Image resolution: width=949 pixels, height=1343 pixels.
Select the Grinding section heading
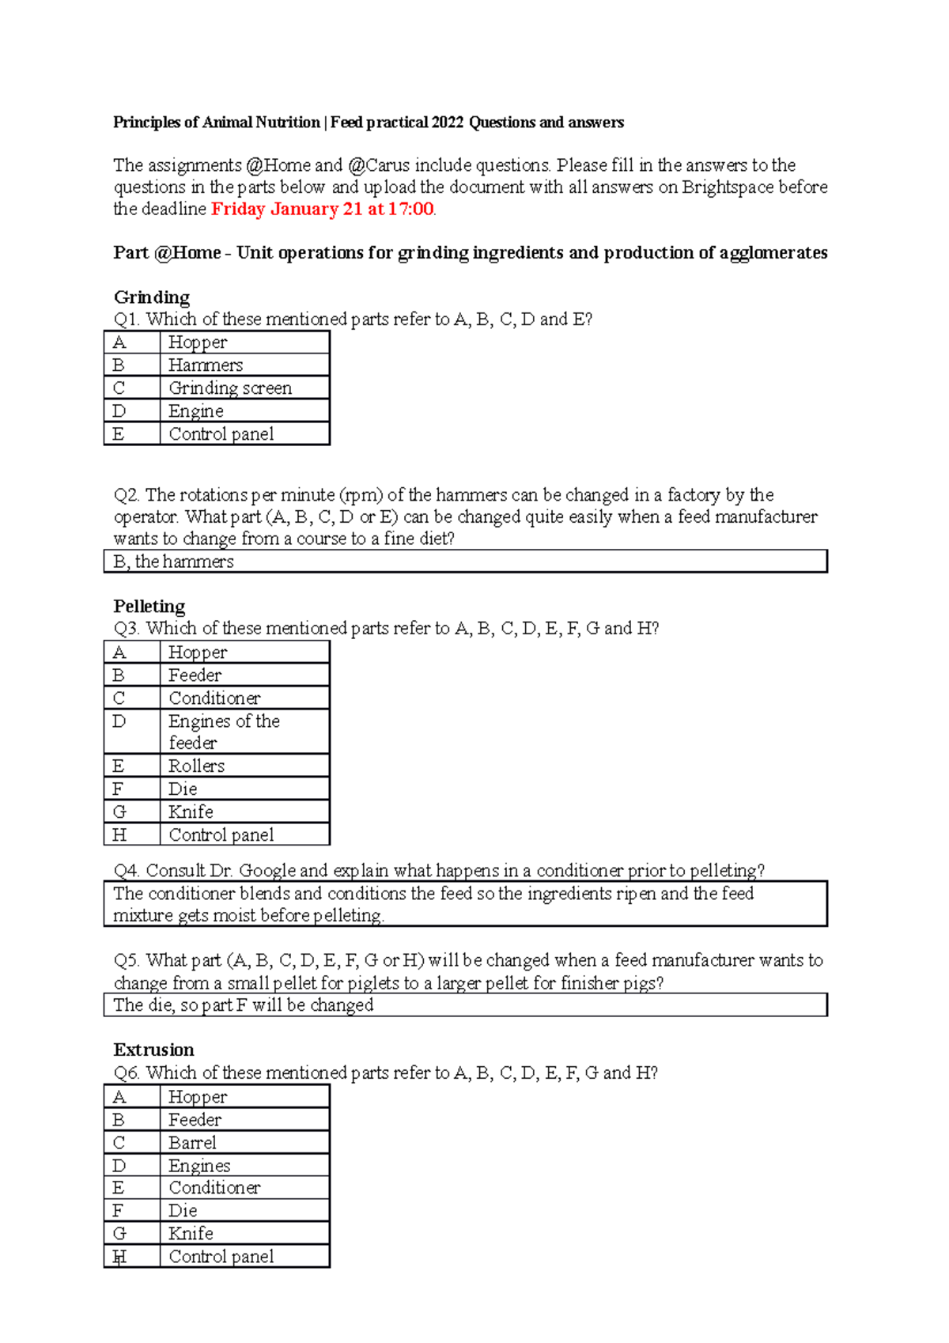[x=152, y=297]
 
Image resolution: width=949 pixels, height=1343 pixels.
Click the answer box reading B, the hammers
[x=465, y=562]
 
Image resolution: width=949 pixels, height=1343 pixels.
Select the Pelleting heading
[x=149, y=607]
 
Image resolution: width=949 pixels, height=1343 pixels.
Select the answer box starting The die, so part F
[x=465, y=1005]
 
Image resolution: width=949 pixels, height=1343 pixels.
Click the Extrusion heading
[x=154, y=1050]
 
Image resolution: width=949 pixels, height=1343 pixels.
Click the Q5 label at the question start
[x=127, y=961]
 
